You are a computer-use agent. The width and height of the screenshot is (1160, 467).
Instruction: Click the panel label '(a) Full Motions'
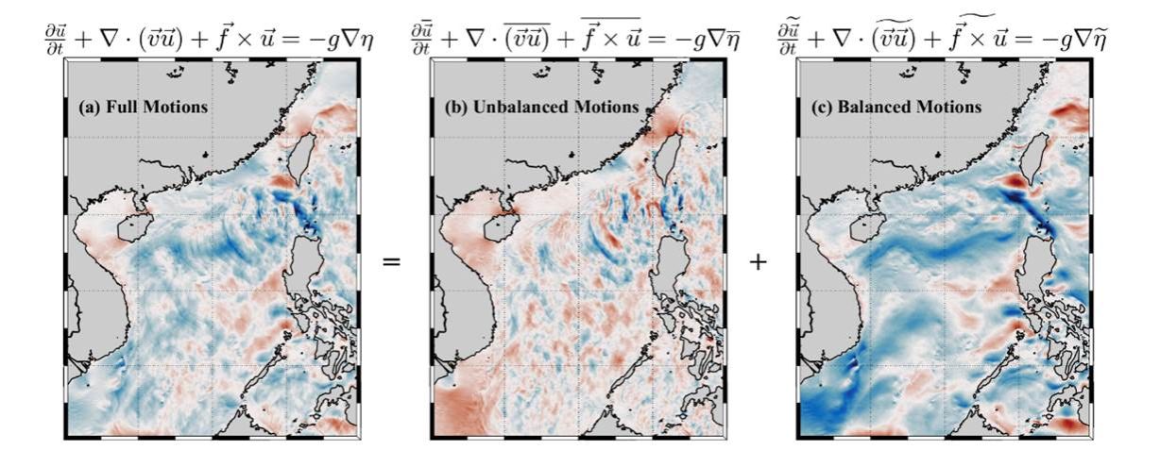142,108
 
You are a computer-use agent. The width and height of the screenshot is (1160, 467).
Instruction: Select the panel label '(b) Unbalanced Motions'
541,108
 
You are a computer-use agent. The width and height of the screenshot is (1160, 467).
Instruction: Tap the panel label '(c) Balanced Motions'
897,108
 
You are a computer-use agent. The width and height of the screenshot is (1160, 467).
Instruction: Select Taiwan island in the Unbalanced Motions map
668,156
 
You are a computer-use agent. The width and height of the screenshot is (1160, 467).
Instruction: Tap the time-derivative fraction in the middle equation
420,37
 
